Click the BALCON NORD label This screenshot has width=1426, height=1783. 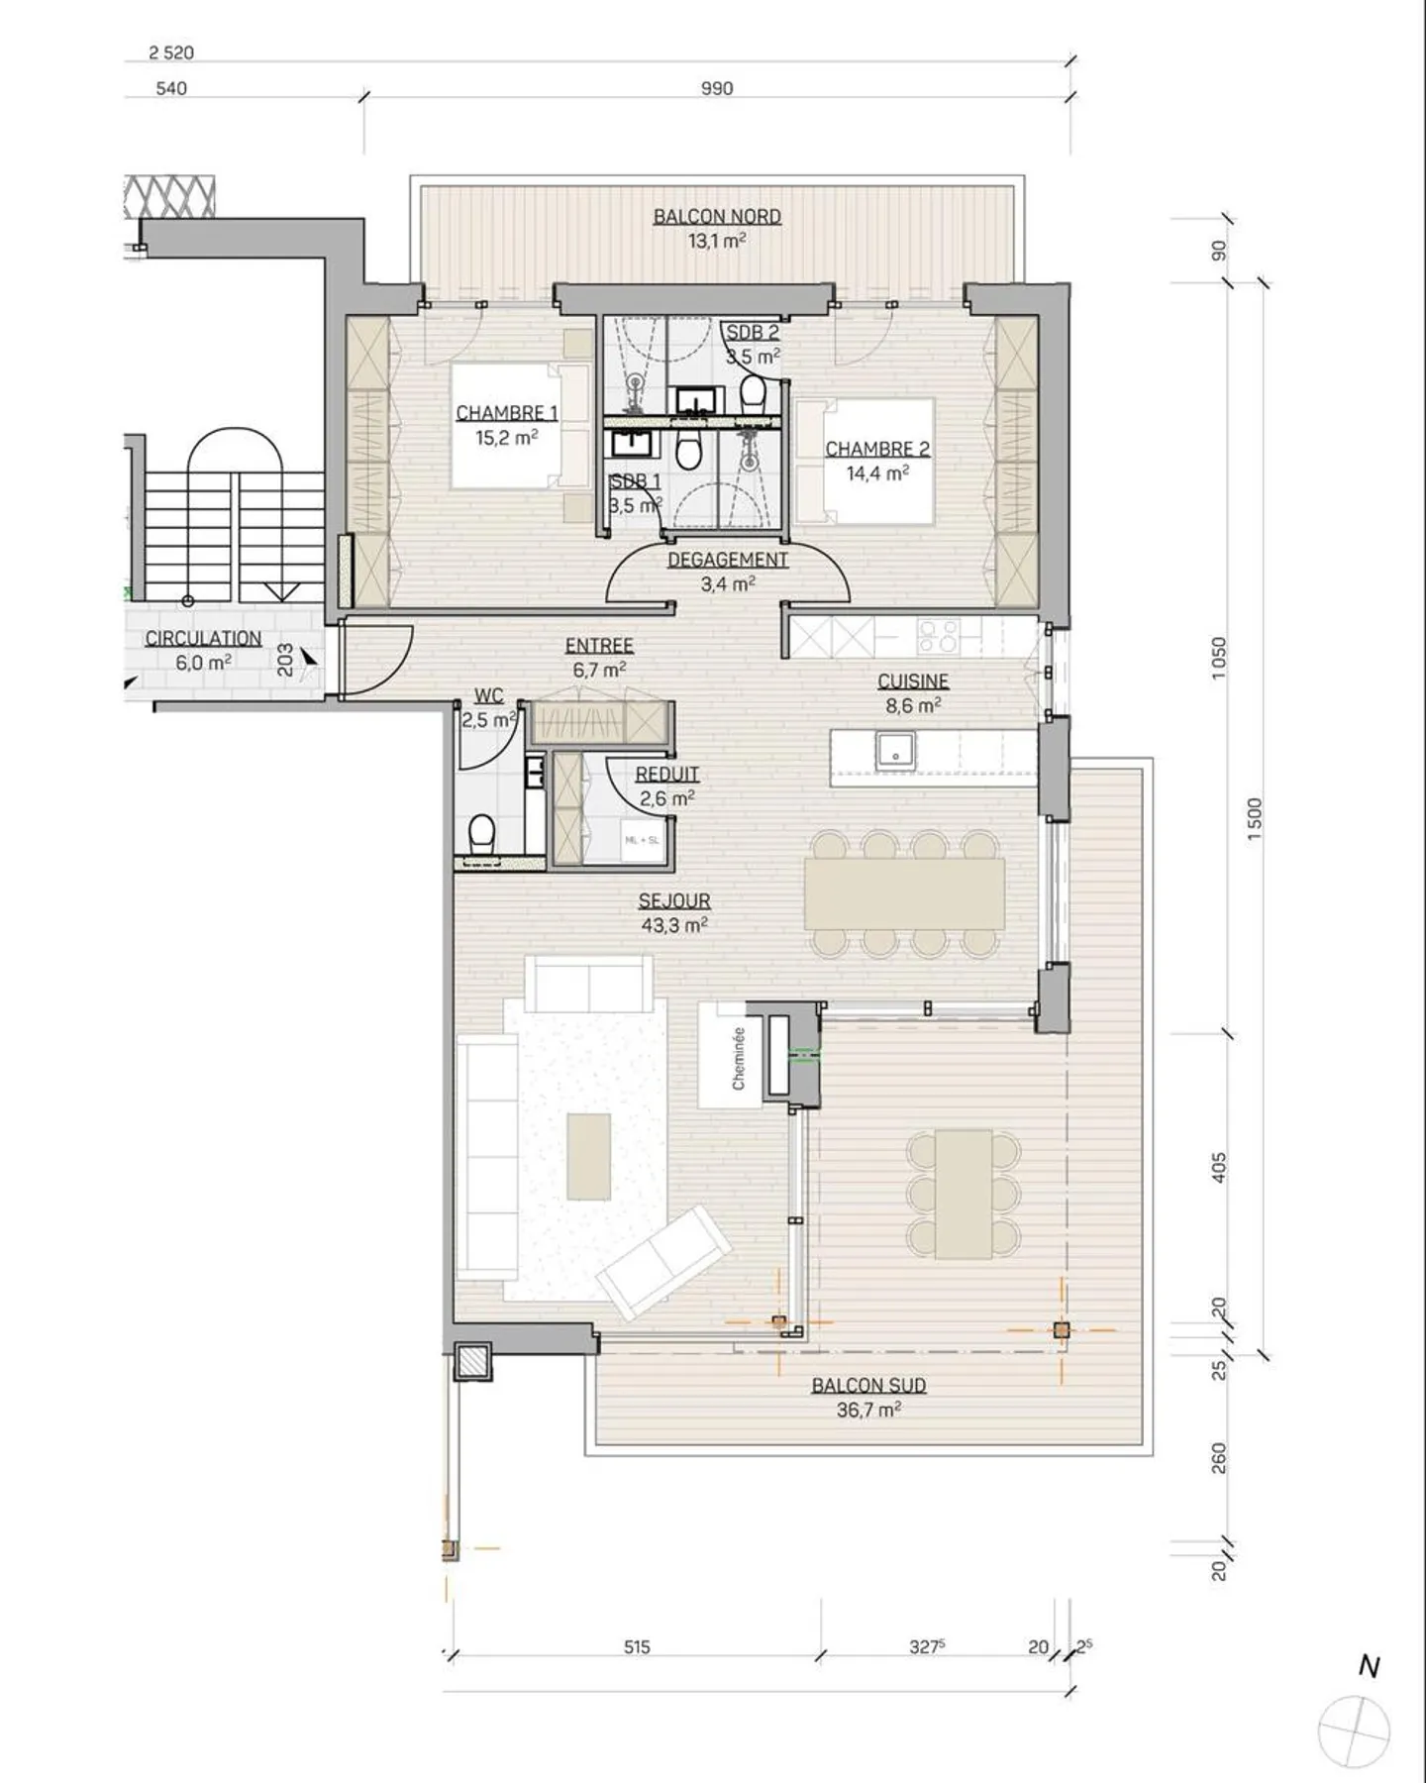[717, 216]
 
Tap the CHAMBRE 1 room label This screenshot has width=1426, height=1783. [506, 413]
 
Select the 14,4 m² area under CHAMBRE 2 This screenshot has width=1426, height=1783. [876, 473]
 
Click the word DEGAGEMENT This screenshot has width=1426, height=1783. [727, 560]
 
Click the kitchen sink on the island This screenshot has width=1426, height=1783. [895, 750]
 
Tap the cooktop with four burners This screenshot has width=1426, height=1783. [938, 636]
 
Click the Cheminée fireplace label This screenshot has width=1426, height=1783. [738, 1058]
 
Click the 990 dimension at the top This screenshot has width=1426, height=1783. [717, 88]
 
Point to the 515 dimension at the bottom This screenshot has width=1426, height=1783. [637, 1647]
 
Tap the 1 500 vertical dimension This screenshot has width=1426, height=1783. [1255, 819]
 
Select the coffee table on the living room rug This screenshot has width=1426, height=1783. [588, 1156]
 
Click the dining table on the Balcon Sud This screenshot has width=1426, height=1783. [964, 1195]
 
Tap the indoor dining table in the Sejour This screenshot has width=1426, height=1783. [904, 892]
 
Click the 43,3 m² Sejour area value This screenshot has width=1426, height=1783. [673, 925]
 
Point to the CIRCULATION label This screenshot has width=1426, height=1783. [203, 639]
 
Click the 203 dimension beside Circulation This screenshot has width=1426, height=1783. [285, 662]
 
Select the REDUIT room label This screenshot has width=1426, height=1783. [666, 774]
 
